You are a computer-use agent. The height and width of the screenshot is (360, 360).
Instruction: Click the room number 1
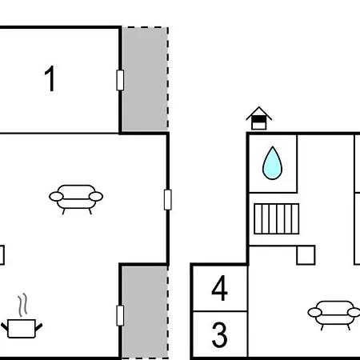50,78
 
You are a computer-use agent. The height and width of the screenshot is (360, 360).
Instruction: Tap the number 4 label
219,288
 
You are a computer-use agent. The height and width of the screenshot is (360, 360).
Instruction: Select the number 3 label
219,334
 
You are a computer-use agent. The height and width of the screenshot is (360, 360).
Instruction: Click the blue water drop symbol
272,163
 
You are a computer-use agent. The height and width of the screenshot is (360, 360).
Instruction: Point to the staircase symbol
277,218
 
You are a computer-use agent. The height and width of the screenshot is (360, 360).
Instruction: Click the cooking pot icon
22,329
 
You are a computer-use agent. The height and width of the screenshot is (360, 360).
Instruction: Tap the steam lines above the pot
23,305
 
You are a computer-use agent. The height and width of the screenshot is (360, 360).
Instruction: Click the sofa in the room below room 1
76,199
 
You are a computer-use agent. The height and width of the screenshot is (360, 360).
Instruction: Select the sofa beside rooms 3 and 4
334,315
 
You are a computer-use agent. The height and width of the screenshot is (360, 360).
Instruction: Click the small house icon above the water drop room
258,118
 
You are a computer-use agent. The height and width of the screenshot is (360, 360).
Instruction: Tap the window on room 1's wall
120,80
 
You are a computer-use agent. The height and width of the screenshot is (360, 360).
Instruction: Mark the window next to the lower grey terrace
120,315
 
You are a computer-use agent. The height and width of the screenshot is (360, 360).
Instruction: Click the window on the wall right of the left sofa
168,200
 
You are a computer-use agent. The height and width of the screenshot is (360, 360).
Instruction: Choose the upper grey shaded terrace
145,79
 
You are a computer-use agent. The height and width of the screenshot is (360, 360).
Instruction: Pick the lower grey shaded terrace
145,312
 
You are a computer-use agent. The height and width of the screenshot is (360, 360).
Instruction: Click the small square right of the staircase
306,255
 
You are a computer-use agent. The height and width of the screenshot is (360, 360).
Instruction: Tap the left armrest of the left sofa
56,197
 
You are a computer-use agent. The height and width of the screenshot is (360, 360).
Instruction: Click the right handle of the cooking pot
39,327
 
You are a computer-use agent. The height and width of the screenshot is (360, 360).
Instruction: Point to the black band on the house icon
259,119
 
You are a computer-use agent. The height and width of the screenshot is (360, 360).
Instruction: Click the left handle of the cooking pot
5,327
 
